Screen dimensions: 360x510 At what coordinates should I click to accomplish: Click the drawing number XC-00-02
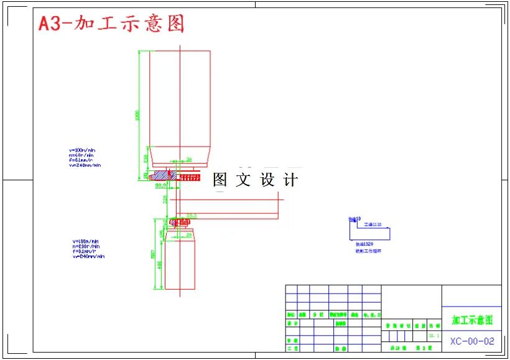[x=472, y=341]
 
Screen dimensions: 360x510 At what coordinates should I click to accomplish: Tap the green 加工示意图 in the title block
[x=472, y=320]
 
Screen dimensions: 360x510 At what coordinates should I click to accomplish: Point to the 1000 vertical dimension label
[x=138, y=115]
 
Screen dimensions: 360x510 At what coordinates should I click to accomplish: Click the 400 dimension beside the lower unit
[x=160, y=265]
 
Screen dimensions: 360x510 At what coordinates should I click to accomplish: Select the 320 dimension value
[x=166, y=198]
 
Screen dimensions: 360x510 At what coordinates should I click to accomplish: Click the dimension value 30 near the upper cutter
[x=189, y=159]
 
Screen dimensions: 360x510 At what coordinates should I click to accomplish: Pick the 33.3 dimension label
[x=192, y=215]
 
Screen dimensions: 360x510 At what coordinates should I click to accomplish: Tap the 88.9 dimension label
[x=160, y=185]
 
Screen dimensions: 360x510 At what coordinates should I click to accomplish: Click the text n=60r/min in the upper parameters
[x=81, y=155]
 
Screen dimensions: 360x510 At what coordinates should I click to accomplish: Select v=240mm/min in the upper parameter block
[x=85, y=165]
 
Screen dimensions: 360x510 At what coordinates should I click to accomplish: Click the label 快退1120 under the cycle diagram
[x=364, y=244]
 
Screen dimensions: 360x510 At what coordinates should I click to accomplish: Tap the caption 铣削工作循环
[x=368, y=251]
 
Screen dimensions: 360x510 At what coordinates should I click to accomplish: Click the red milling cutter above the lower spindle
[x=182, y=222]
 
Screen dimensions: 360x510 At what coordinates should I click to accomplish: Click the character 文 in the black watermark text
[x=243, y=180]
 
